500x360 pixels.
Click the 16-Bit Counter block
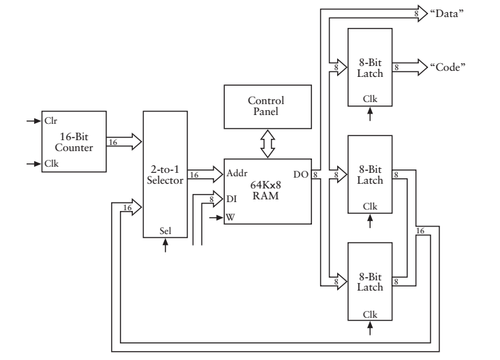point(74,142)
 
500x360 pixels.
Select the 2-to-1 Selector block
point(165,174)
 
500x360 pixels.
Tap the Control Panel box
point(267,105)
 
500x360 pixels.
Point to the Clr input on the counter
point(50,121)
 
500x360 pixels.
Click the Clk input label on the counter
point(50,163)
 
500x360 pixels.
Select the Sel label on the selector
point(165,230)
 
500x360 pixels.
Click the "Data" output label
point(446,14)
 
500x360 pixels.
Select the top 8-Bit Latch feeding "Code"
point(370,67)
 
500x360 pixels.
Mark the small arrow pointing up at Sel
point(165,245)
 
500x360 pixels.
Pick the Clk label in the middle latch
point(370,205)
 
